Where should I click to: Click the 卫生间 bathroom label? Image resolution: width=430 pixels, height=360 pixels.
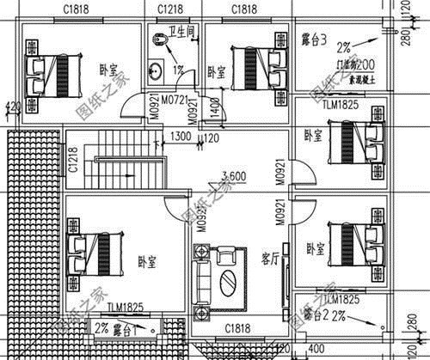(182, 32)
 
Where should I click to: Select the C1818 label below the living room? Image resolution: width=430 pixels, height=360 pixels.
(237, 329)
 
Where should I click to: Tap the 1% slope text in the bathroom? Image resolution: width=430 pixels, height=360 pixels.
(179, 70)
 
